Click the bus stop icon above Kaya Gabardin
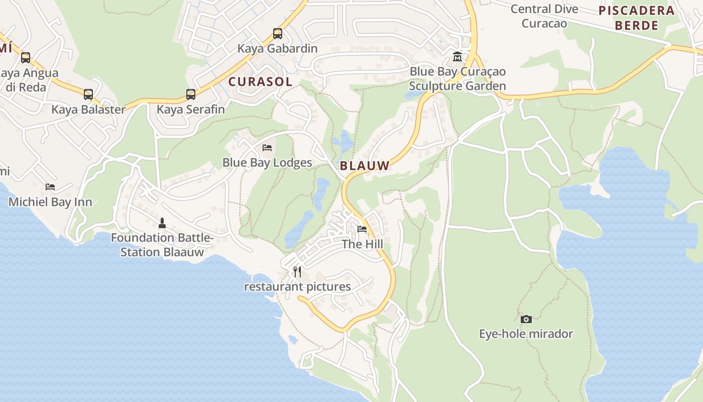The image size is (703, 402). (x=277, y=34)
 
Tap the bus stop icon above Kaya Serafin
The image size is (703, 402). (x=191, y=94)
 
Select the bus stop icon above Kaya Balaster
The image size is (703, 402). (x=88, y=94)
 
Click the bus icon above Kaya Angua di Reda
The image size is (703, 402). (x=26, y=58)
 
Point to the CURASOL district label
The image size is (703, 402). (x=260, y=82)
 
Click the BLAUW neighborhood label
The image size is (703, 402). (x=365, y=166)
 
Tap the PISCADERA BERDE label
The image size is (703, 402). (x=637, y=18)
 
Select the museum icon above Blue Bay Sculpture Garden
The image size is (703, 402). (x=457, y=56)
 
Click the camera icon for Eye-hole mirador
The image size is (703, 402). (x=526, y=319)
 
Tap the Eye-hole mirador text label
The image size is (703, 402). (x=526, y=334)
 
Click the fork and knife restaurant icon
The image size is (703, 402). (x=297, y=272)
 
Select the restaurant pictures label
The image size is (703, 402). (x=297, y=287)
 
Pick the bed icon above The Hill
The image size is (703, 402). (x=362, y=229)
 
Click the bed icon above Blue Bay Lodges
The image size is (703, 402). (x=267, y=148)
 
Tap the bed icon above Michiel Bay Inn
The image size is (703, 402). (x=50, y=187)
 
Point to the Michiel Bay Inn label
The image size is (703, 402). (x=50, y=202)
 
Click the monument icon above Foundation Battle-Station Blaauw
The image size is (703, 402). (x=162, y=223)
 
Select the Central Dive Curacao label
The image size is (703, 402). (x=544, y=16)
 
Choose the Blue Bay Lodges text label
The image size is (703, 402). (x=267, y=163)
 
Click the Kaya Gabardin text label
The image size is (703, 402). (x=277, y=49)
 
